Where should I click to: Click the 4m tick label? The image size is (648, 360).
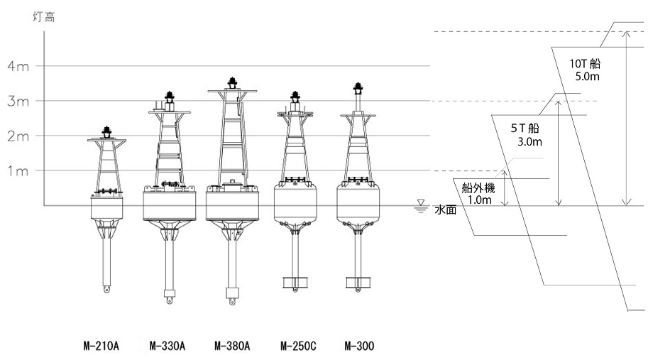tap(17, 66)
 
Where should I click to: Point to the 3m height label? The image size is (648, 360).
tap(17, 101)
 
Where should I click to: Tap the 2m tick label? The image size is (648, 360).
tap(17, 136)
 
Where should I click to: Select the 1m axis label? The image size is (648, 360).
tap(17, 170)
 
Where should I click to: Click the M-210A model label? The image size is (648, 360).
tap(100, 347)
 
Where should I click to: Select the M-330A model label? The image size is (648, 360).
tap(168, 347)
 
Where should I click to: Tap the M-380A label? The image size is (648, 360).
tap(232, 347)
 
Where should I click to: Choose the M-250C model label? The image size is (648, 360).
tap(298, 347)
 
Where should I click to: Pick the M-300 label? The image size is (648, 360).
tap(359, 347)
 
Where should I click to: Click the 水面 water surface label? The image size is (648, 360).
tap(445, 210)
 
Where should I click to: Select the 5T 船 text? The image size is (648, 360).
tap(525, 129)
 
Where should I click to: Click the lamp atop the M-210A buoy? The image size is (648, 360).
tap(106, 130)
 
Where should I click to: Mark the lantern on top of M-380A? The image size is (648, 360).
tap(232, 83)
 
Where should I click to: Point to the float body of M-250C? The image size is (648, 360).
tap(294, 202)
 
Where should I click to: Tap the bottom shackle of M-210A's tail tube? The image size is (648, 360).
tap(106, 290)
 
